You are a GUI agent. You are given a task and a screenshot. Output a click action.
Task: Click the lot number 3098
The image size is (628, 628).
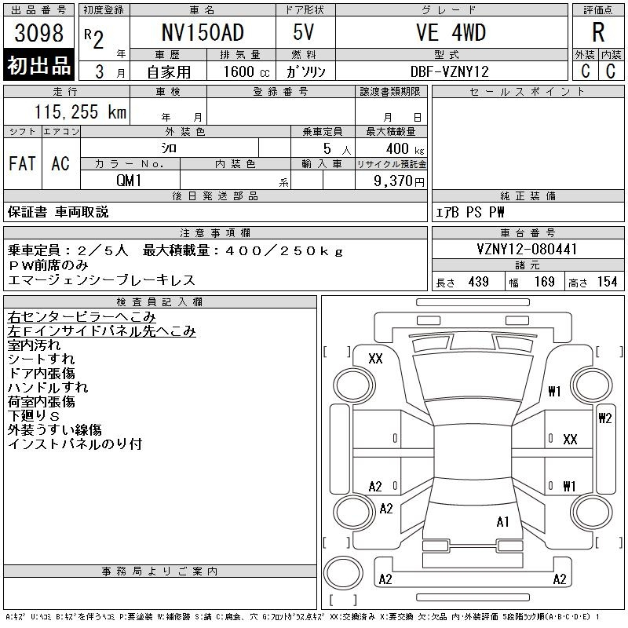coord(38,33)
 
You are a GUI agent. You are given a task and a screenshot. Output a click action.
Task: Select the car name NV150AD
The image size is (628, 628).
coord(203,32)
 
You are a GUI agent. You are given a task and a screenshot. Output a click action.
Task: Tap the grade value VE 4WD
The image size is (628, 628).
coord(451,32)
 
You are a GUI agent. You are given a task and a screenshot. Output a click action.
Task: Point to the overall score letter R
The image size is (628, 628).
coord(598,32)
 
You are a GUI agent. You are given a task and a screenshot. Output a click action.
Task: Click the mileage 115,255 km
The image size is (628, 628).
coord(80,111)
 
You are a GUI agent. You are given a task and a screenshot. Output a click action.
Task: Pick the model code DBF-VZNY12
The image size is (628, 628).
coord(450,71)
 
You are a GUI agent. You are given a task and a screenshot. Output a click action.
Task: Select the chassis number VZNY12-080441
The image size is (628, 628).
coord(527,249)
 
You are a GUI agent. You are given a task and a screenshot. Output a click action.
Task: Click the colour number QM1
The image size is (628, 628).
coord(129,181)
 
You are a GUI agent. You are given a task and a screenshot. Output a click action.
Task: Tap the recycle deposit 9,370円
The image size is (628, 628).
coord(399,181)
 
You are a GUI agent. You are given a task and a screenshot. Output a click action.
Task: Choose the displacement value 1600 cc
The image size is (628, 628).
coord(246,71)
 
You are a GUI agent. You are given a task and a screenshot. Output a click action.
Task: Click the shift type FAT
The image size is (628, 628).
coord(22,163)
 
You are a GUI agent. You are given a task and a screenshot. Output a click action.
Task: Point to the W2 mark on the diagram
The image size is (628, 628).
coord(604,418)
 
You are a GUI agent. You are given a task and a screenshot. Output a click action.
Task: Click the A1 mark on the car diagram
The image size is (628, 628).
coord(502,522)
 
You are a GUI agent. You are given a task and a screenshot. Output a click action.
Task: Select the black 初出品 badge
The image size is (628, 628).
coord(38,64)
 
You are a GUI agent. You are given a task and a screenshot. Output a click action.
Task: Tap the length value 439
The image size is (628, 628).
coord(478,282)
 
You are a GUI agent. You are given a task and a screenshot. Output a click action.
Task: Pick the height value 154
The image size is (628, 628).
coord(607,282)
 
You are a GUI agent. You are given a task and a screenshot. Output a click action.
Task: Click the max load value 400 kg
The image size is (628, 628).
coord(405,149)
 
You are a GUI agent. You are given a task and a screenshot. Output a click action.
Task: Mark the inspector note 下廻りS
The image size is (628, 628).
coord(34,416)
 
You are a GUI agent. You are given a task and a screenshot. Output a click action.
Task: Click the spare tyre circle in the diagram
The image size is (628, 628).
coord(343,573)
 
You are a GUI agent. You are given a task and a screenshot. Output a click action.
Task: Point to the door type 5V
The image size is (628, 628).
coord(303,32)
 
